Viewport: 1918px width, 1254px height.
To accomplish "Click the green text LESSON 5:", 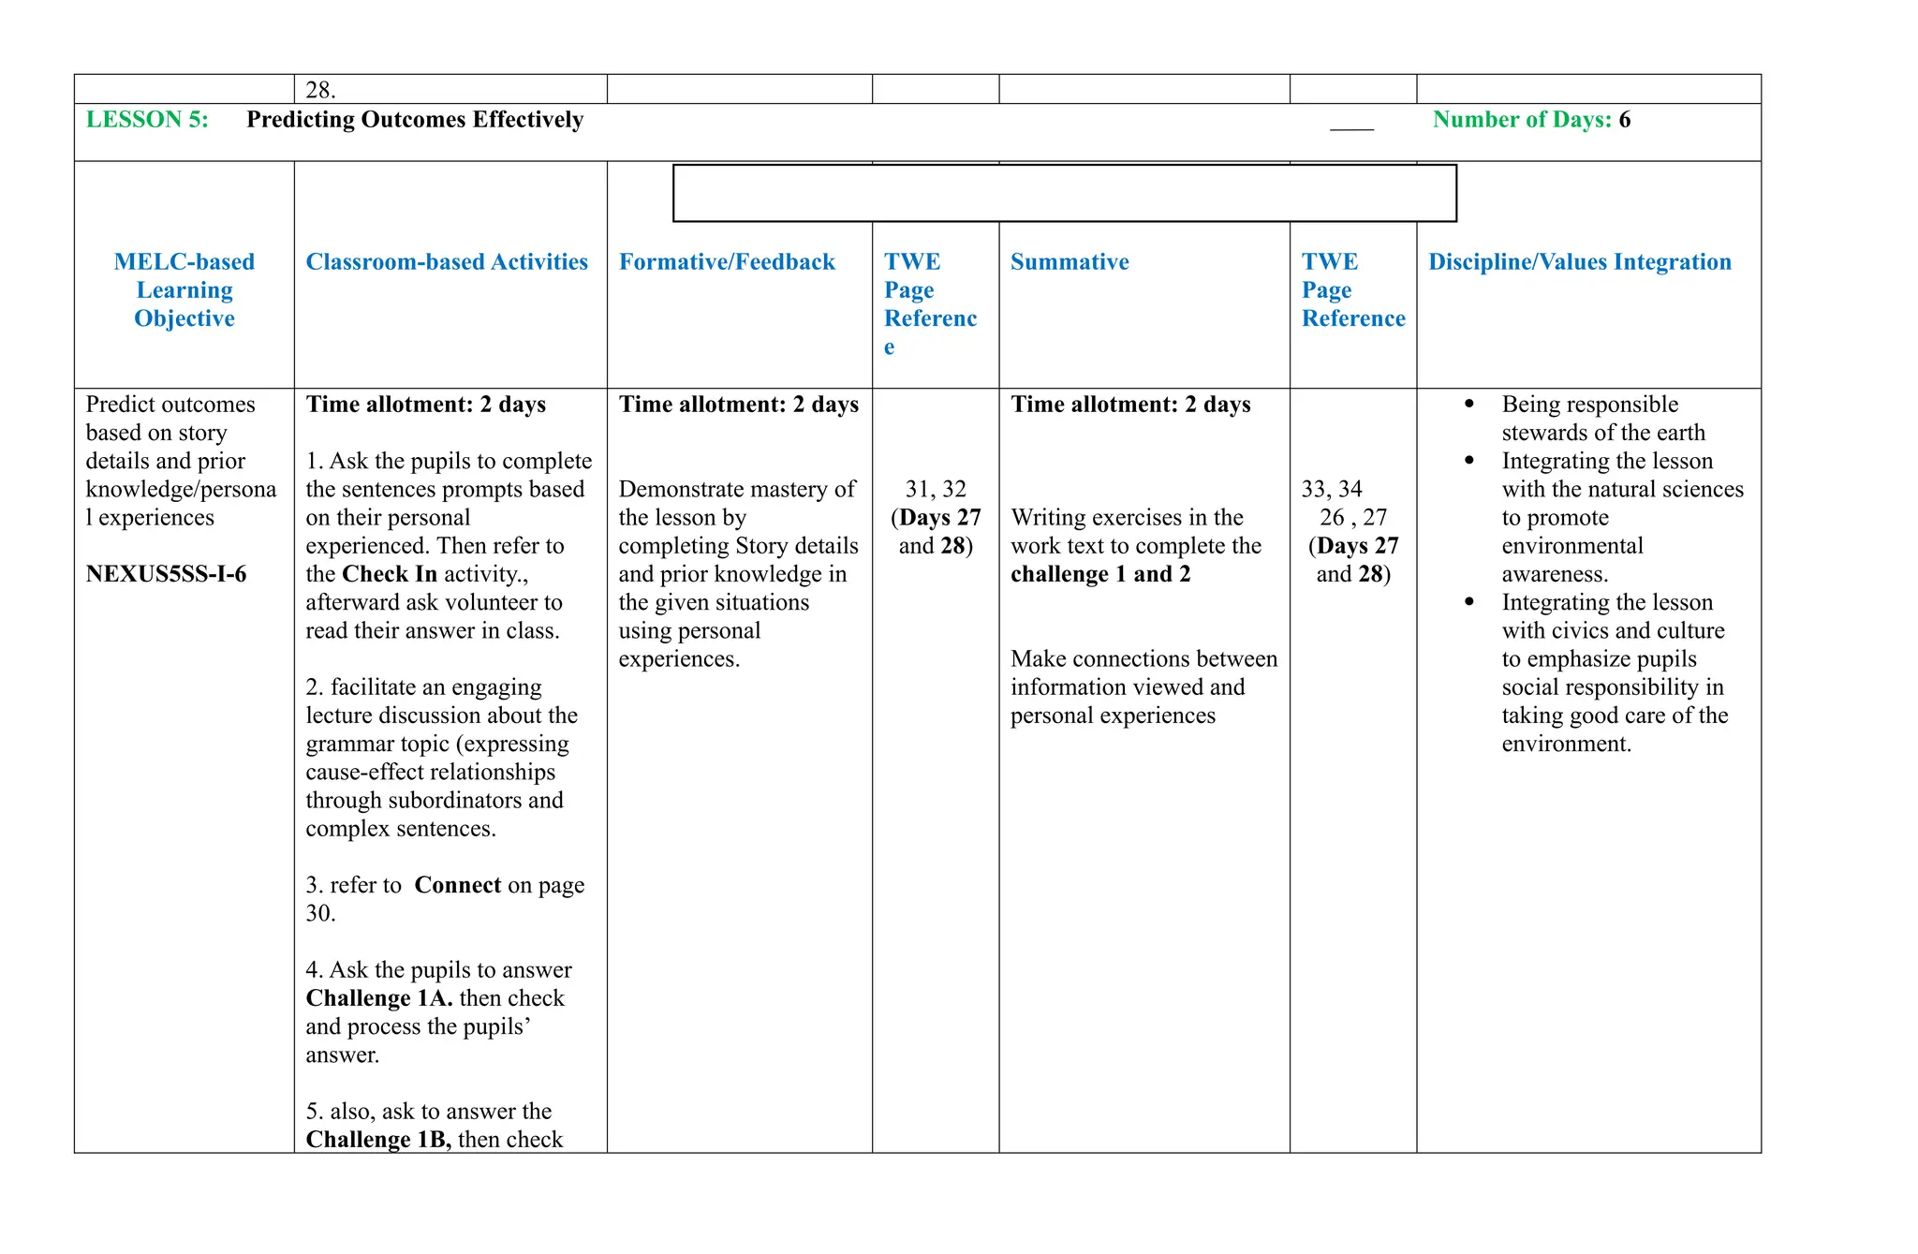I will click(x=147, y=120).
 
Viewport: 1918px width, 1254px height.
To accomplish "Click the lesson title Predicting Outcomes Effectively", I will click(x=415, y=120).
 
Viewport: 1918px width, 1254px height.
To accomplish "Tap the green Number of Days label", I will click(x=1522, y=120).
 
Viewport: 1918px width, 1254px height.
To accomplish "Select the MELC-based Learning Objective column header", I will click(x=184, y=290).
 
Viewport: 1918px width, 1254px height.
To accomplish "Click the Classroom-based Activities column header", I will click(x=447, y=262).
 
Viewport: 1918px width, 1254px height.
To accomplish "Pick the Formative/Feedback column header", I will click(x=727, y=262).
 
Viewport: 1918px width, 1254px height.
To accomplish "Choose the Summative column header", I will click(x=1070, y=262).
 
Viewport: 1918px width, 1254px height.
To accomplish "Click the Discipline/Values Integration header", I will click(x=1580, y=262).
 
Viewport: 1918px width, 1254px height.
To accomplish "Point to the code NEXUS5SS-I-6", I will click(x=166, y=574).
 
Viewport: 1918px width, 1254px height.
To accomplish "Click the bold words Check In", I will click(x=390, y=574).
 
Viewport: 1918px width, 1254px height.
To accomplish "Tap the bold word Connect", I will click(x=458, y=885).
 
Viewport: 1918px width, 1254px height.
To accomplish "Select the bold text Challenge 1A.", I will click(x=379, y=998).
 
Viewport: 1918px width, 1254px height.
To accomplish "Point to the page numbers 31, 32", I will click(x=936, y=489).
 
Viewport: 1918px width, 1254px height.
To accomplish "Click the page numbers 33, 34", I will click(x=1332, y=489).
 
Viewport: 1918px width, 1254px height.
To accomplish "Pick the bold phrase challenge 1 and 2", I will click(x=1100, y=574).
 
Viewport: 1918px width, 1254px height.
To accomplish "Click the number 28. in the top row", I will click(x=320, y=90).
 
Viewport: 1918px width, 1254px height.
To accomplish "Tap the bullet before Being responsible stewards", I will click(x=1469, y=404).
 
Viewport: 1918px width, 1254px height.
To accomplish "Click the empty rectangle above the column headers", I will click(x=1064, y=193).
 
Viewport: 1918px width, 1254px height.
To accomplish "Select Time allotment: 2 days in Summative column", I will click(x=1130, y=405).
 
